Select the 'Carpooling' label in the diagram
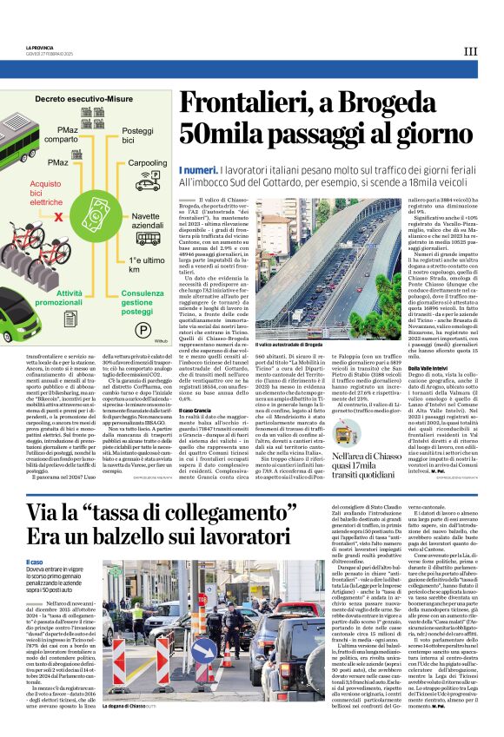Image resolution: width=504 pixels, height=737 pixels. point(148,163)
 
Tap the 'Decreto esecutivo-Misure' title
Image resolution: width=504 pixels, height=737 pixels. point(84,100)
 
